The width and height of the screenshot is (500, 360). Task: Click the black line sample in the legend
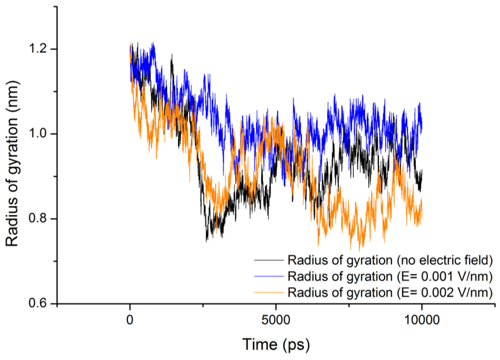click(x=268, y=259)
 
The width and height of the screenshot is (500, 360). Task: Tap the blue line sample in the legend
click(x=268, y=276)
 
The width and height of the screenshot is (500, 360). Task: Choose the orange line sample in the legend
click(x=268, y=292)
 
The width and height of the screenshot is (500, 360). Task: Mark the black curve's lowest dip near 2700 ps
click(x=207, y=240)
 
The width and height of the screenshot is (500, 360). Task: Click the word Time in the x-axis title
click(x=260, y=345)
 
